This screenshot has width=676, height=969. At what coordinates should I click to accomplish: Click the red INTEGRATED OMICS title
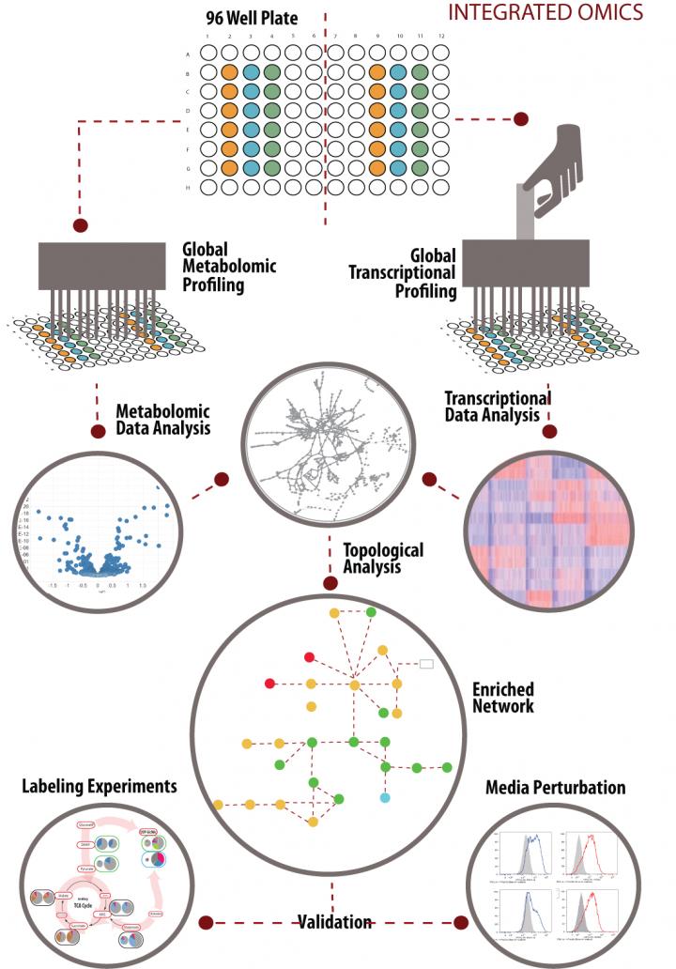point(545,12)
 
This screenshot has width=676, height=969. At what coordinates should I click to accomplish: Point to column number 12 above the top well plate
point(440,37)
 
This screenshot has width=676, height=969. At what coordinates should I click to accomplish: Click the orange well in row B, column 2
point(229,72)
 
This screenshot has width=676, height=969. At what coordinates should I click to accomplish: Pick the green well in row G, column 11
point(420,167)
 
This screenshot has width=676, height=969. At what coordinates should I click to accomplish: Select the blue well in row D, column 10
point(398,110)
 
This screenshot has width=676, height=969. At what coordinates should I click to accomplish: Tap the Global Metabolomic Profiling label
point(230,267)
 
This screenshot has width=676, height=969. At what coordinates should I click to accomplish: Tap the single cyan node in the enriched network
point(384,797)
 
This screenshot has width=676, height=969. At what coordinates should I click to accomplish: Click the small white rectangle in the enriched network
point(425,664)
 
